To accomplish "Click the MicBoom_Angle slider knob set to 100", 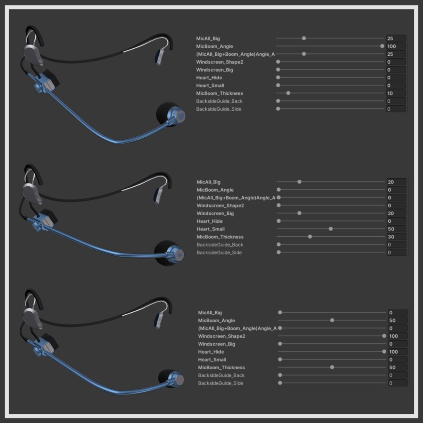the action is point(382,46).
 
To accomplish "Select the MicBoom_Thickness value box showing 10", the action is point(396,93).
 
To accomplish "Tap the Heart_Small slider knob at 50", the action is point(331,229).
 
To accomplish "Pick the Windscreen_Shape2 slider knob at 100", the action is point(384,336).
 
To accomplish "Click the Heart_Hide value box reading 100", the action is point(398,352).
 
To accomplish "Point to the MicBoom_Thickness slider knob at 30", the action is point(310,237).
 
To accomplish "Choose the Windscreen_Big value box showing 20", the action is point(396,214).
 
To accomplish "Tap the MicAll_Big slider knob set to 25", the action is point(304,38).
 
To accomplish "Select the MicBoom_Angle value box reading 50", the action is point(398,321).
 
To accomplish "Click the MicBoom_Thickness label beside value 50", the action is point(221,367).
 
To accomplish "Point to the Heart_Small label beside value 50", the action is point(211,229).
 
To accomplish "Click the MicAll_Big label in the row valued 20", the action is point(209,182).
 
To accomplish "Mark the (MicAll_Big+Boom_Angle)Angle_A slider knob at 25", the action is point(304,54).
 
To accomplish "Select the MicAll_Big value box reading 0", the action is point(398,313).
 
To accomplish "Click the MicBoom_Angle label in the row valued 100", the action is point(214,46).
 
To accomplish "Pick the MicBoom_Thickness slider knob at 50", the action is point(332,367).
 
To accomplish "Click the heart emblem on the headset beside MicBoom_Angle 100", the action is point(181,116).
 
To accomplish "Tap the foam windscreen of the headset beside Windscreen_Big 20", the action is point(164,253).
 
